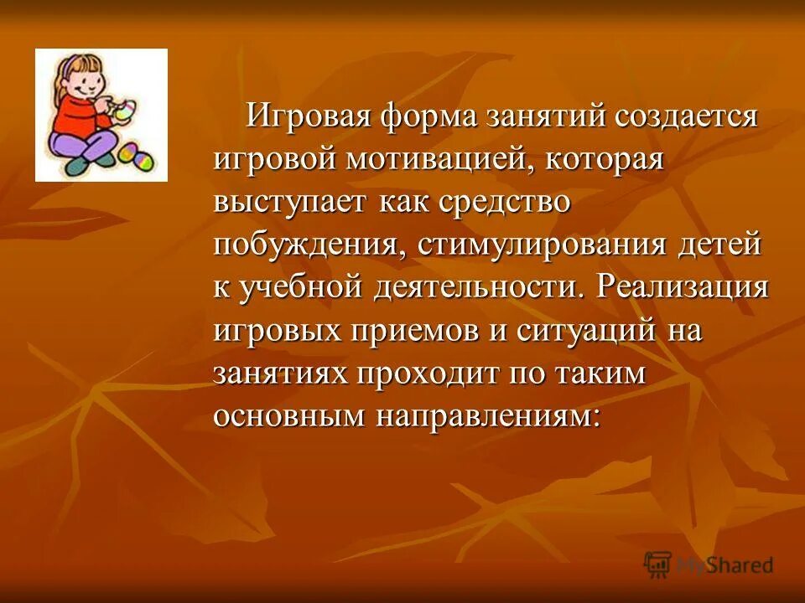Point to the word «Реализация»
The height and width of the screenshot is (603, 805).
click(683, 288)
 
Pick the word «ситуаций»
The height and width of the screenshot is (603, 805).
click(584, 331)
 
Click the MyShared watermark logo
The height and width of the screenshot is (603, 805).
click(709, 565)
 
